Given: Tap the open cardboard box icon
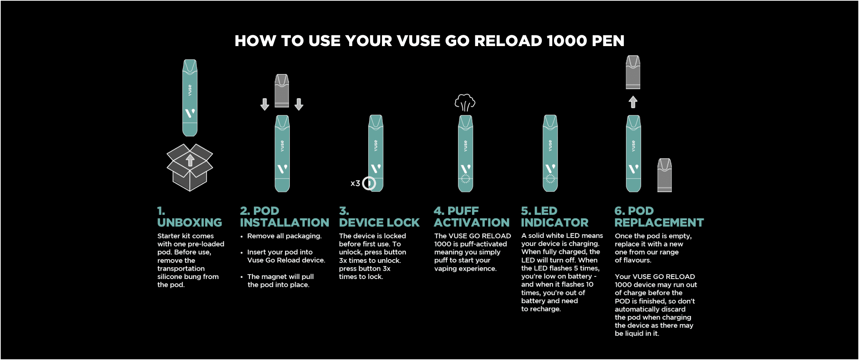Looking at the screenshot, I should (190, 167).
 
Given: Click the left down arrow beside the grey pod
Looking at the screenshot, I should (265, 104).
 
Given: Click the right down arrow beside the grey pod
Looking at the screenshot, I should (299, 104).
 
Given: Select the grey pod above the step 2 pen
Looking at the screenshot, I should (282, 91).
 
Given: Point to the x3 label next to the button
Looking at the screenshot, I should (355, 183).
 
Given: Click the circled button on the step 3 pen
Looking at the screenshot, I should (369, 183).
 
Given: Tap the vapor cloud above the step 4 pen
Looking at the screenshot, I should (465, 103).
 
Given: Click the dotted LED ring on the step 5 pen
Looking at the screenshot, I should (550, 178).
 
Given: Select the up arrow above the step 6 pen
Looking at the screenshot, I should (633, 102).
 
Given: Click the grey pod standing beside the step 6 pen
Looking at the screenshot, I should (665, 175).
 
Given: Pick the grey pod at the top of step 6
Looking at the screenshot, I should (633, 72).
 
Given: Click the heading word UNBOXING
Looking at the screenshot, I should (190, 223).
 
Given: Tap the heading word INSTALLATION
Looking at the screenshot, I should (284, 223).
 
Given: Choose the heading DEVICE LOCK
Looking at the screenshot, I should (379, 223).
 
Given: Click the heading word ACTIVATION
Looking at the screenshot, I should (472, 223).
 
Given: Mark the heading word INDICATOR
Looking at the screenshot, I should (554, 223).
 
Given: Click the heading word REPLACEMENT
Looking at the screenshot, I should (659, 223).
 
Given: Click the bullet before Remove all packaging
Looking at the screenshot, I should (242, 237).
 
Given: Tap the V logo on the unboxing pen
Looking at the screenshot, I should (190, 113).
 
